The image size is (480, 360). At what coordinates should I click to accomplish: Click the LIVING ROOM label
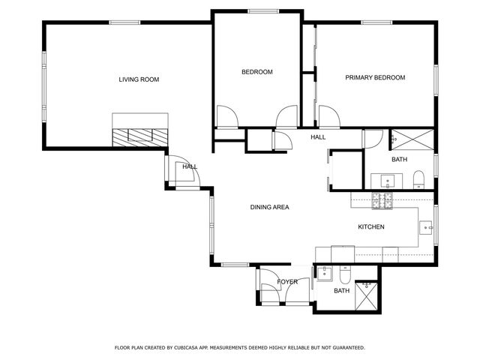pos(139,79)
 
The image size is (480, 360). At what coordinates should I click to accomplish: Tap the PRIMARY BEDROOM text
pos(375,77)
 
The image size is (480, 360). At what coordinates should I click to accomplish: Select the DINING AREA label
pos(269,207)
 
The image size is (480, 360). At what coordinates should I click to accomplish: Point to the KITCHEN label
pos(371,226)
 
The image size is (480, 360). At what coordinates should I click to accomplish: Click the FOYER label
pos(287,282)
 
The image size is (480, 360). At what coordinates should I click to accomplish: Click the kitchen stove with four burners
pos(382,200)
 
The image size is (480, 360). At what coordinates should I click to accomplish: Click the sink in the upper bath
pos(388,181)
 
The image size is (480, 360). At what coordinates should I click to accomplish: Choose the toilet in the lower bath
pos(346,272)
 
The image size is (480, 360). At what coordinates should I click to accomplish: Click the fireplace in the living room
pos(140,136)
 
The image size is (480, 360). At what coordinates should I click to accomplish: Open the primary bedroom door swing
pos(328,117)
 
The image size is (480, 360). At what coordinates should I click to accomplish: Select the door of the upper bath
pos(372,139)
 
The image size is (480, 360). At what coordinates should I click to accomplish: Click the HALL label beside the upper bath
pos(319,137)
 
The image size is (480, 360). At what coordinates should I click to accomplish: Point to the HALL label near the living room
pos(190,166)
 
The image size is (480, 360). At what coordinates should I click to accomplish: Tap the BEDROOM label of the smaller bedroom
pos(256,72)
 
